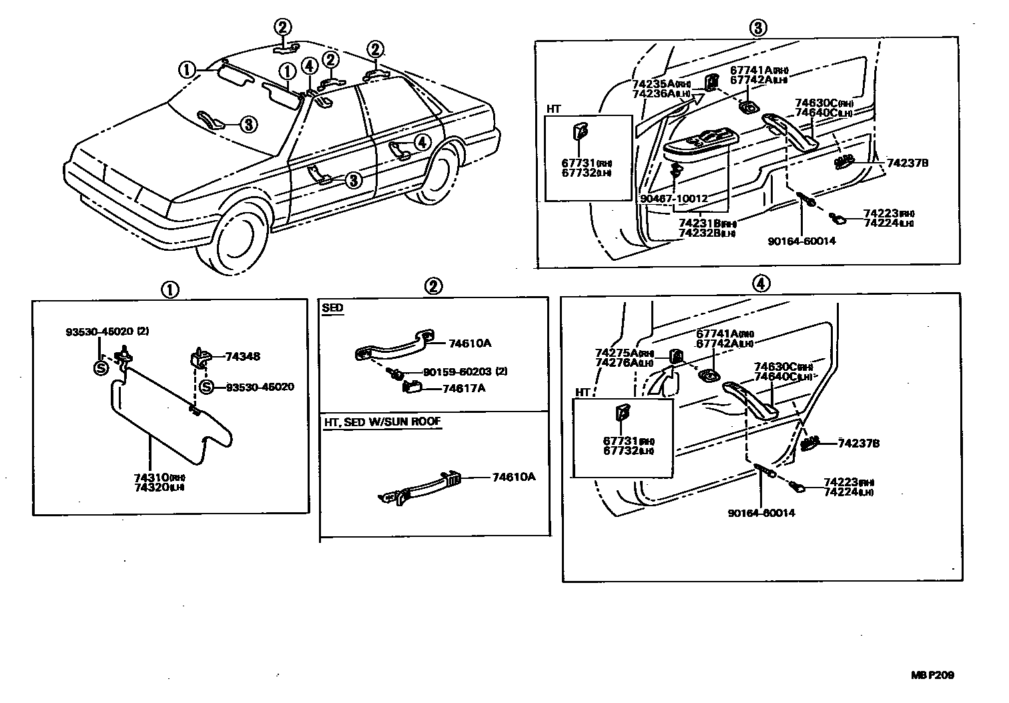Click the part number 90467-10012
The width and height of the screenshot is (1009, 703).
coord(673,199)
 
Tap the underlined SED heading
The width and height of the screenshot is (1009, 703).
coord(332,308)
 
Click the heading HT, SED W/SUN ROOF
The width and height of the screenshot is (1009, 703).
coord(382,422)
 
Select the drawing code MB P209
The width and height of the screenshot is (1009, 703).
coord(932,675)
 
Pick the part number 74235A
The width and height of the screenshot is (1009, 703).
coord(655,85)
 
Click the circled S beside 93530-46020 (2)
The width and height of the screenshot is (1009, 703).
coord(101,368)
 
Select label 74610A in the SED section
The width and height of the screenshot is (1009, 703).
coord(470,343)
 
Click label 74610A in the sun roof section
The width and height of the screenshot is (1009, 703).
coord(514,477)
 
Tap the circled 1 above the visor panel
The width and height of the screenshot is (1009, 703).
coord(170,289)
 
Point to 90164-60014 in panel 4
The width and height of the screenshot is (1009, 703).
coord(761,513)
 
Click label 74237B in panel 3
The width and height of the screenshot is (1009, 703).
coord(907,163)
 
